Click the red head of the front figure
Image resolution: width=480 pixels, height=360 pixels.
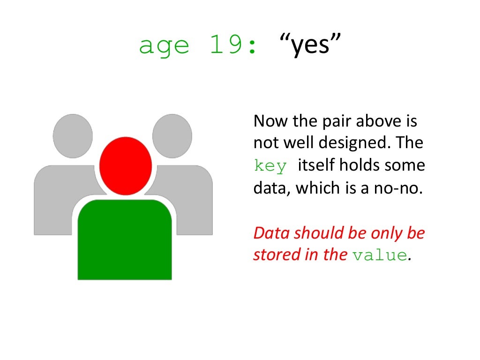click(x=125, y=165)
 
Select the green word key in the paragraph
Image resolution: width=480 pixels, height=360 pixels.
click(x=270, y=166)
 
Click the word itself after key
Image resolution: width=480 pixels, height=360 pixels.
click(x=319, y=165)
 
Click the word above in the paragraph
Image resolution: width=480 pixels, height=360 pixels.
click(x=375, y=121)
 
